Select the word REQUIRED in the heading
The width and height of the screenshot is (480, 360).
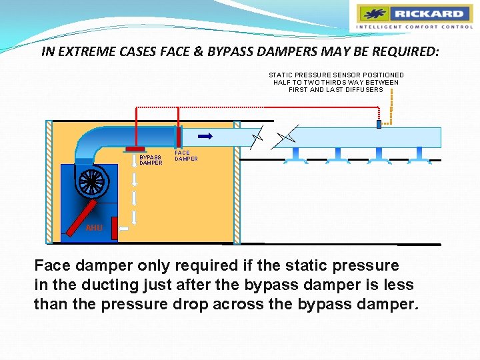pyautogui.click(x=394, y=51)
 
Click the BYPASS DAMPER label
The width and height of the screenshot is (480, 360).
pyautogui.click(x=151, y=160)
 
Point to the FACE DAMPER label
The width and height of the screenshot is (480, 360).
pyautogui.click(x=186, y=155)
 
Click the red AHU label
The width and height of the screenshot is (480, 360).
pyautogui.click(x=94, y=228)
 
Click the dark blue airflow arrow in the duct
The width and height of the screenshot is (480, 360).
pyautogui.click(x=205, y=136)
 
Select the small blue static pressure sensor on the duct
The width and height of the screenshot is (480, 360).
pyautogui.click(x=379, y=124)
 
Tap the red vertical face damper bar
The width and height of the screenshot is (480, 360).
pyautogui.click(x=179, y=137)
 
